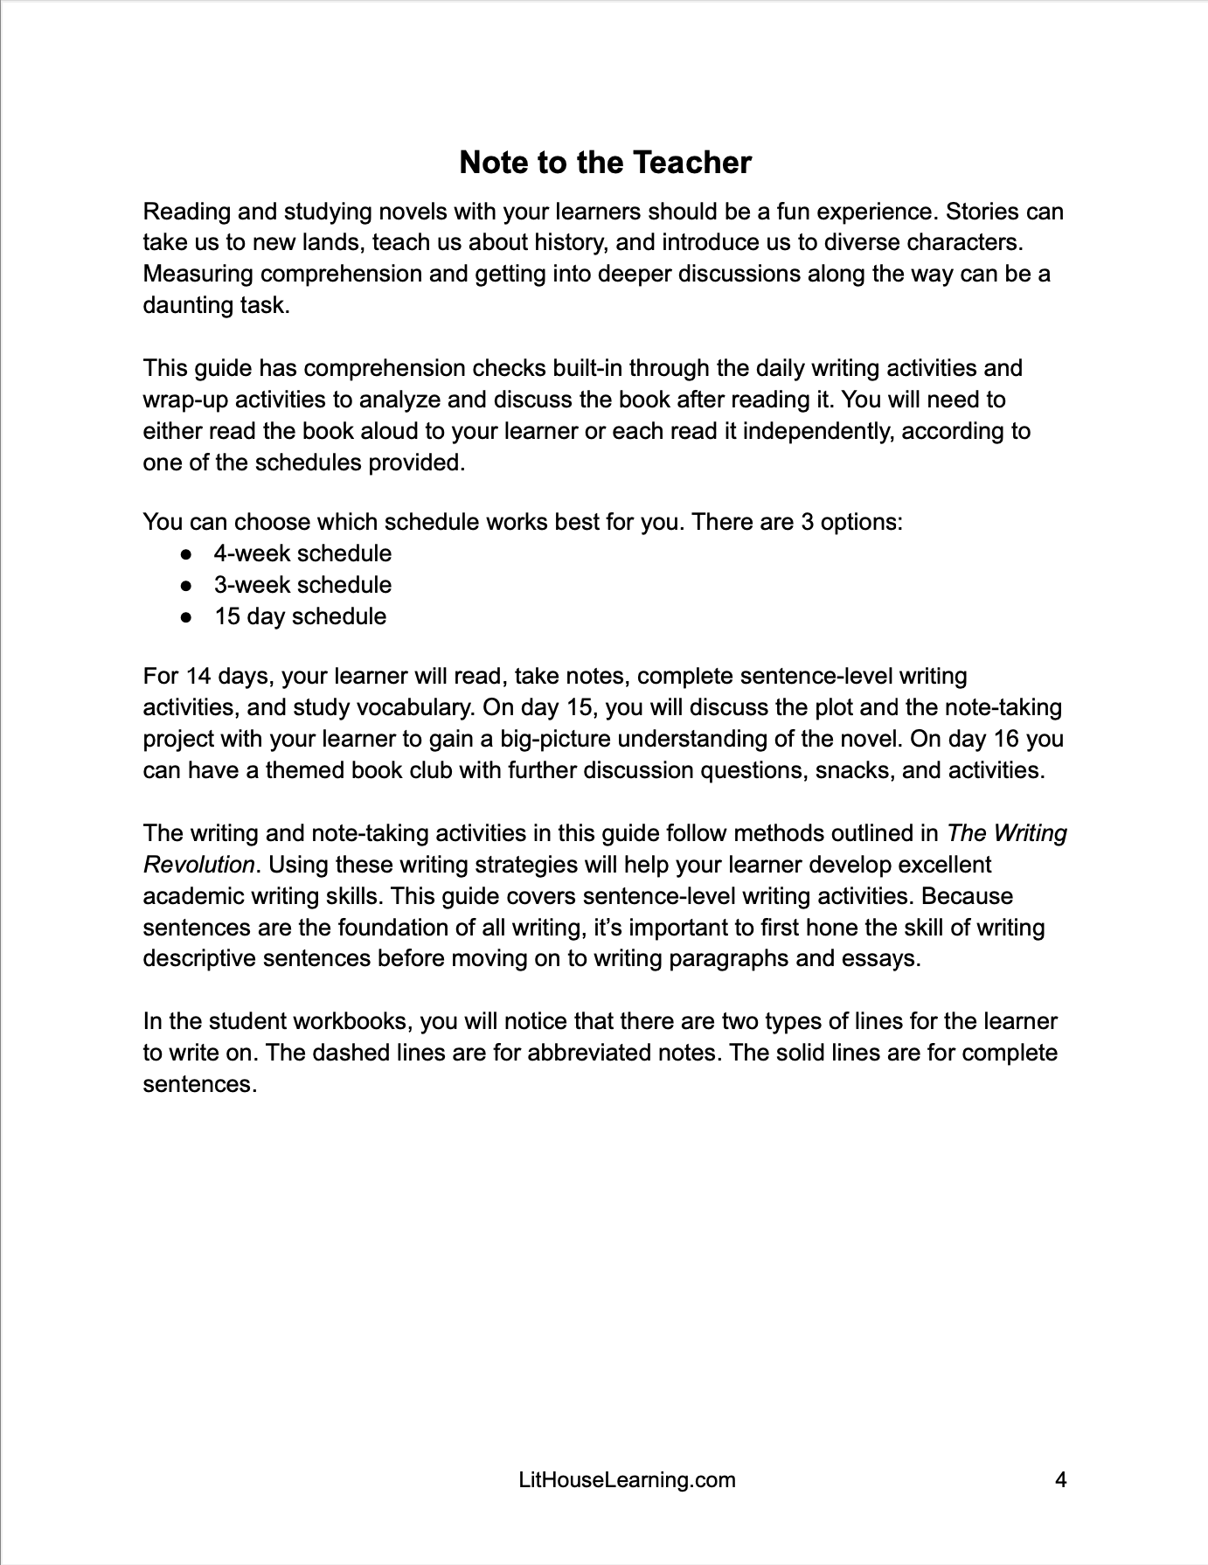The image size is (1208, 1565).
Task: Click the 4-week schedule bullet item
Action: [x=302, y=553]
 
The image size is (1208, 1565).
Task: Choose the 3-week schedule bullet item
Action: [x=302, y=585]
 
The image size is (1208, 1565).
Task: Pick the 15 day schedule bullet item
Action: [x=300, y=616]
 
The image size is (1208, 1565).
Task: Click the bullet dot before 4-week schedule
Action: [x=185, y=554]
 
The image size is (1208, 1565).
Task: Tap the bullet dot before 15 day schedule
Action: [x=185, y=617]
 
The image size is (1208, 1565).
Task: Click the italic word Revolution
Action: [x=198, y=865]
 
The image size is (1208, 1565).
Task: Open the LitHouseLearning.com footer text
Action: [x=627, y=1480]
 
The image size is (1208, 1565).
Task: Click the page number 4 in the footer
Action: [x=1060, y=1480]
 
